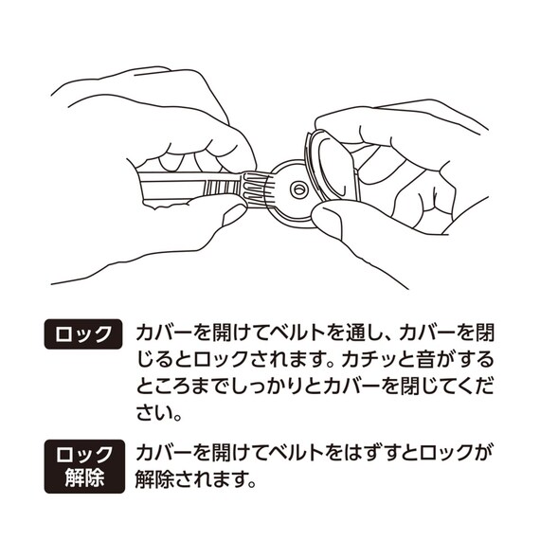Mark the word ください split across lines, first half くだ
pyautogui.click(x=484, y=388)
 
